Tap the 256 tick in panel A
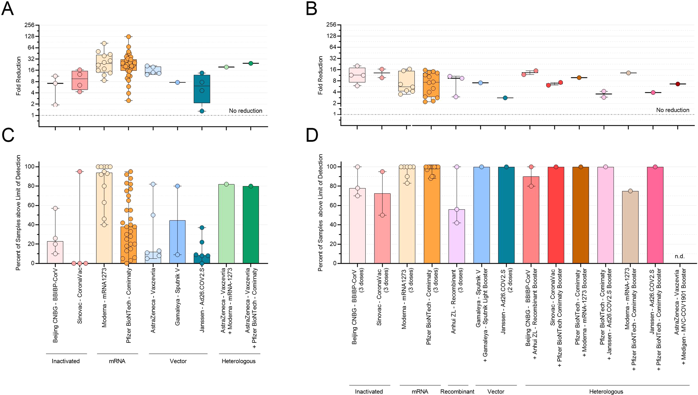click(30, 25)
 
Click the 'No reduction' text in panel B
click(673, 110)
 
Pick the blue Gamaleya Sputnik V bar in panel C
click(177, 242)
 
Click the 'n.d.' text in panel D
click(679, 256)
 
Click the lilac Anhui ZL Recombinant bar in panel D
click(457, 236)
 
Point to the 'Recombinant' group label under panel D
click(457, 392)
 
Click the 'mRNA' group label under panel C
click(117, 361)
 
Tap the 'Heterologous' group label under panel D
click(606, 392)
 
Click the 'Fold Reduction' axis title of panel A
click(19, 76)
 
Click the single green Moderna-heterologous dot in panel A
click(226, 67)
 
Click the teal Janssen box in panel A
click(202, 89)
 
